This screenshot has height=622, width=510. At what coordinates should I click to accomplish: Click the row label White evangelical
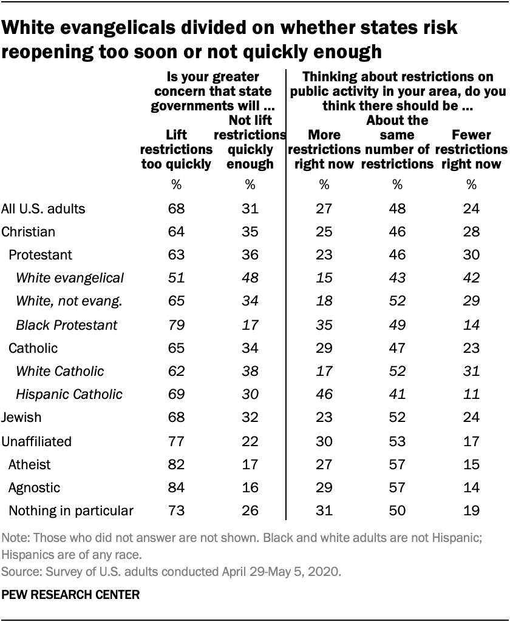pos(70,278)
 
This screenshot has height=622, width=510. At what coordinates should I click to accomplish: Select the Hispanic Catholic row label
pos(69,394)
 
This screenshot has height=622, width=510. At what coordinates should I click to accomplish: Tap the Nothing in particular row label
pos(70,510)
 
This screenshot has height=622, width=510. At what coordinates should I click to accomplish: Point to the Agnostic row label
pos(34,487)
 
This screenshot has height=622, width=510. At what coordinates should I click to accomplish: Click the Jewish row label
pos(22,418)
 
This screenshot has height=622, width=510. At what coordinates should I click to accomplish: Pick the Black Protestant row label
pos(67,324)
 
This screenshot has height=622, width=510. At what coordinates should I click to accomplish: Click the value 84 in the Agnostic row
pos(176,487)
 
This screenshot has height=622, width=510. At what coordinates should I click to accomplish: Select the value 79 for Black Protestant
pos(176,324)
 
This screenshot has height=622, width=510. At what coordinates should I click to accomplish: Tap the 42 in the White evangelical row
pos(471,278)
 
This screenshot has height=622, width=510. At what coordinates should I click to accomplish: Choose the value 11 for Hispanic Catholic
pos(471,394)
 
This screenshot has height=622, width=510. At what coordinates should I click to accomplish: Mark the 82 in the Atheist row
pos(176,464)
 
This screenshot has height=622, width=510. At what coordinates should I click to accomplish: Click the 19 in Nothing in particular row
pos(471,510)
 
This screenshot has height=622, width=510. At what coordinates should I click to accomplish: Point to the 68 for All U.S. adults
pos(176,209)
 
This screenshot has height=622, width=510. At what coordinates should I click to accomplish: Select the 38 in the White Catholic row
pos(250,371)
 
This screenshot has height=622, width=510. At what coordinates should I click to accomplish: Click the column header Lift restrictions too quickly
pos(176,149)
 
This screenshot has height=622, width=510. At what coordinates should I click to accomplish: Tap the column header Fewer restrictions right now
pos(471,149)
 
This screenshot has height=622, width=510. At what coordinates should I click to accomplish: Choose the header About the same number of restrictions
pos(397,141)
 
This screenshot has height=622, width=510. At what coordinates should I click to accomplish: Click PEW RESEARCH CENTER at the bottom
pos(71,596)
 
